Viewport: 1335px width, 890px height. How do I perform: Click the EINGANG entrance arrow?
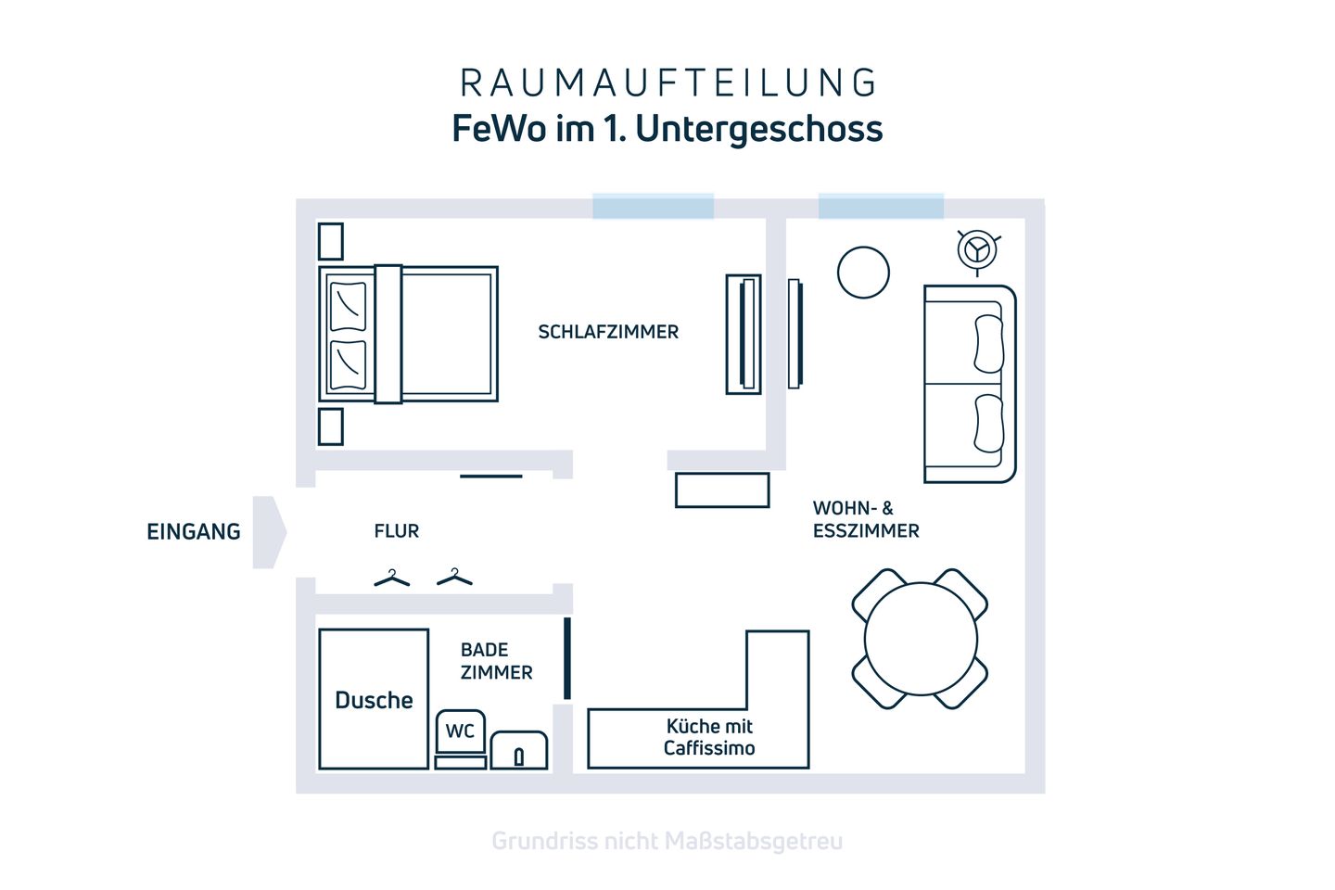coord(268,532)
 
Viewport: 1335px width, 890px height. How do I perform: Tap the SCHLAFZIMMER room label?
coord(608,332)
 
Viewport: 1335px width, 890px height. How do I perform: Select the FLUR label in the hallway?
coord(397,531)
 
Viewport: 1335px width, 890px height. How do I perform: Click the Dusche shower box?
coord(374,699)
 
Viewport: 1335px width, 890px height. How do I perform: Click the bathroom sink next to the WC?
coord(518,750)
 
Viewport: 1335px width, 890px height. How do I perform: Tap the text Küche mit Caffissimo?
coord(709,737)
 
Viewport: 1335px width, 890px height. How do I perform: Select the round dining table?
coord(920,640)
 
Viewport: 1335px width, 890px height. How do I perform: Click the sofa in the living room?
coord(969,384)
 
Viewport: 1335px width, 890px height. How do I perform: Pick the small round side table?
coord(863,273)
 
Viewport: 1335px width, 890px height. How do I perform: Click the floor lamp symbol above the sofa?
coord(976,249)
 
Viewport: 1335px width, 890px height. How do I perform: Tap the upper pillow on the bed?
coord(349,306)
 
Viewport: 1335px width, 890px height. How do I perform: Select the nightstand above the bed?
coord(330,241)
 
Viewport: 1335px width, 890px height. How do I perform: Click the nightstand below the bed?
coord(330,427)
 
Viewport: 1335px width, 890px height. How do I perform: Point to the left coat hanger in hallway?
coord(391,578)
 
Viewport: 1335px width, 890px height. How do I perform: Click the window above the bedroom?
coord(653,206)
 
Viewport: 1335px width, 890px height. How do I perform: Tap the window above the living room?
coord(880,206)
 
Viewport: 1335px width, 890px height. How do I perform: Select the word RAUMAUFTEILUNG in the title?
coord(667,83)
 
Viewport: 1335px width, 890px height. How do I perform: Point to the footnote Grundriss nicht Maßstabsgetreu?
coord(667,841)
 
